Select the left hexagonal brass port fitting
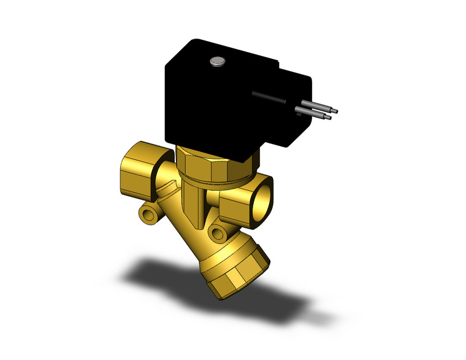[138, 166]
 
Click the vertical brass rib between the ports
[192, 202]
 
